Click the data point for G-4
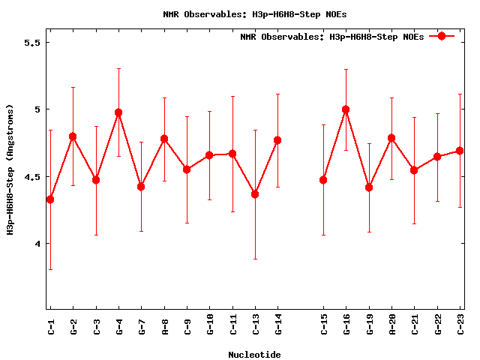click(118, 112)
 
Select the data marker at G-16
click(346, 109)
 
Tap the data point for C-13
click(255, 194)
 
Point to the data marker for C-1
click(50, 199)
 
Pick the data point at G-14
click(277, 140)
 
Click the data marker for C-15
click(323, 180)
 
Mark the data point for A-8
click(164, 139)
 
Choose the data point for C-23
click(460, 151)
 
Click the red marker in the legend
click(442, 36)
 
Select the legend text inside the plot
click(332, 37)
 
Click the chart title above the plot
click(255, 14)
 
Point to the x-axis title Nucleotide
click(255, 355)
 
